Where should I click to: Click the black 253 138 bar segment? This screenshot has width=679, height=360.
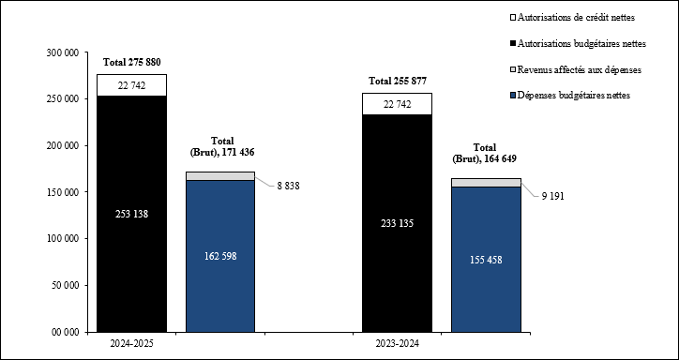click(132, 214)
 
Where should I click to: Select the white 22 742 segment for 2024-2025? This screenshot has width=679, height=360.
click(132, 85)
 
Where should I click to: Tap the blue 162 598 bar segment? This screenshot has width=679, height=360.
click(220, 256)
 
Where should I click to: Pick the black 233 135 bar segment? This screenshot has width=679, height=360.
click(398, 223)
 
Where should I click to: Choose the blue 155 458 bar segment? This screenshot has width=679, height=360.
click(486, 259)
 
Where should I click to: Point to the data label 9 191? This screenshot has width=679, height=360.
click(552, 196)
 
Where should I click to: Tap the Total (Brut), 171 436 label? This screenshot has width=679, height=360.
click(221, 145)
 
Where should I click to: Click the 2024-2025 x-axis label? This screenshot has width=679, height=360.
click(132, 344)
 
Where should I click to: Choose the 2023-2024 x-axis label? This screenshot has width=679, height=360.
click(398, 344)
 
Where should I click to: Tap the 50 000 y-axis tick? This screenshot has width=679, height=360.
click(64, 285)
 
